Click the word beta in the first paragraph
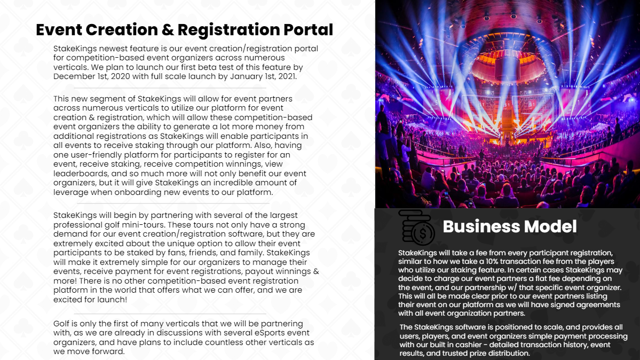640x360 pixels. click(x=226, y=67)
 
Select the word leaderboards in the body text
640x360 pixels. click(x=77, y=174)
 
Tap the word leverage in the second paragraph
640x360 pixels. click(x=71, y=192)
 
